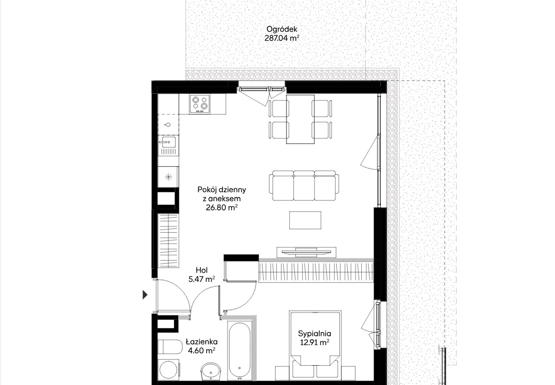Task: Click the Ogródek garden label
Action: [282, 30]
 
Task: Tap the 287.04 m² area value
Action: [282, 38]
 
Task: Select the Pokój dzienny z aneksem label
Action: [222, 194]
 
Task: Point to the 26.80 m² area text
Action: [222, 207]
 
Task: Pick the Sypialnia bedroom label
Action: [315, 333]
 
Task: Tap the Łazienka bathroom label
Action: [202, 342]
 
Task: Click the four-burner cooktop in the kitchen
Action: [200, 104]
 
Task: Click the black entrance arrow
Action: [145, 294]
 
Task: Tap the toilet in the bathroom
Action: [169, 347]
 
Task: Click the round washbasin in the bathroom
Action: [210, 372]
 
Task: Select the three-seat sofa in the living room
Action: [304, 186]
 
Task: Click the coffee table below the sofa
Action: [305, 220]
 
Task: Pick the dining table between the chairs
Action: [300, 119]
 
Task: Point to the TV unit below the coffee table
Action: [306, 252]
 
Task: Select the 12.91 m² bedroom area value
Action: [315, 343]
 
